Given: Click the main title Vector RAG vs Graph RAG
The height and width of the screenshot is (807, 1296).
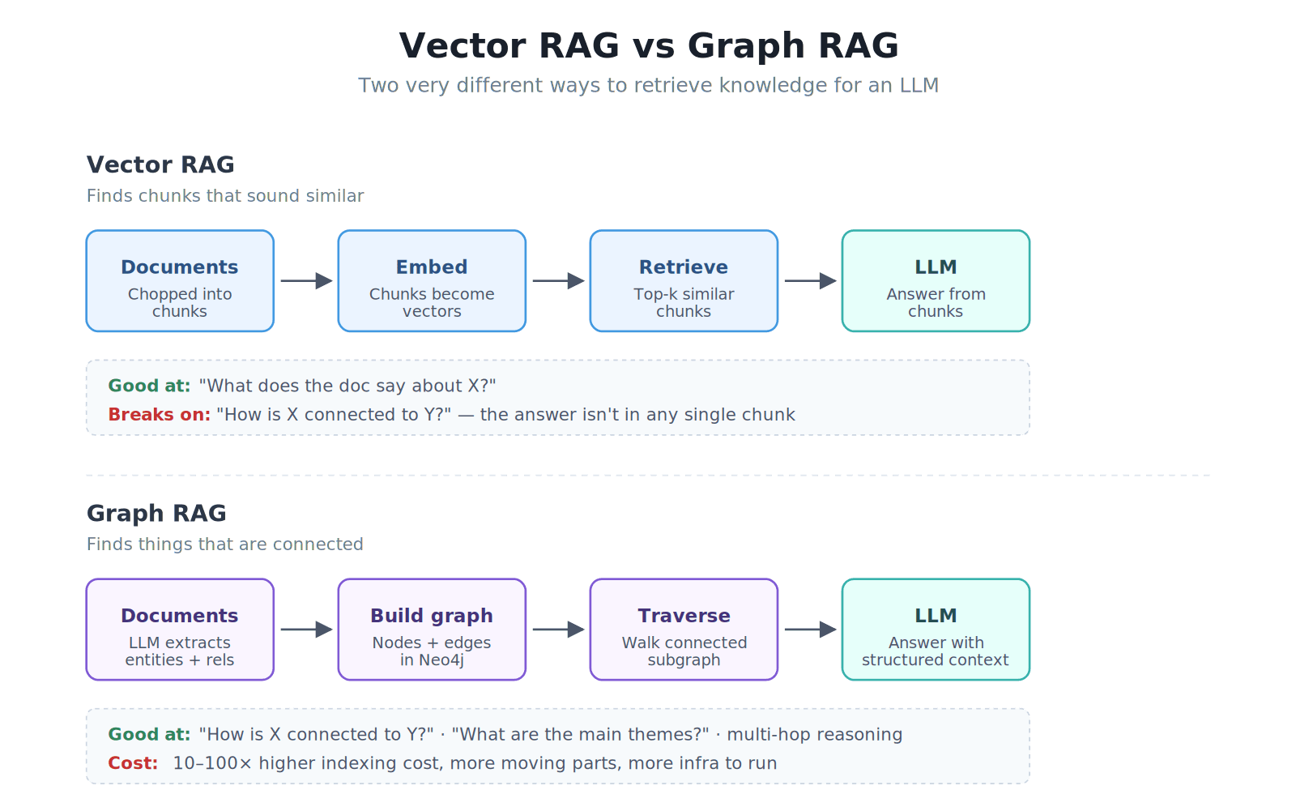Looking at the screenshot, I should (649, 45).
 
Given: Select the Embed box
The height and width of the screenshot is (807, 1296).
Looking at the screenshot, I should (432, 281).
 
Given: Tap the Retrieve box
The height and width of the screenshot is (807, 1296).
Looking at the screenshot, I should (684, 281).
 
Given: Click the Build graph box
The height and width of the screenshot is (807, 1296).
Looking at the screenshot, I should (432, 630).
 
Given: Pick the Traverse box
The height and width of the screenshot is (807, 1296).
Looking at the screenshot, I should (684, 630).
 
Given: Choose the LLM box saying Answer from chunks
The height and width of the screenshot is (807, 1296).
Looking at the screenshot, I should (936, 281).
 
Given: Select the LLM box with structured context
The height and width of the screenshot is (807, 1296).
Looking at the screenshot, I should (936, 630).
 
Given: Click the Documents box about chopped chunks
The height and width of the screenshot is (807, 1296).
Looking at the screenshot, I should (180, 281).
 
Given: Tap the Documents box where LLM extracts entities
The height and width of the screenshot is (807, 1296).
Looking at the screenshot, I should (180, 630).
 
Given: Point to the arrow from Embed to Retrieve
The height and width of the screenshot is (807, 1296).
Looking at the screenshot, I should (558, 281).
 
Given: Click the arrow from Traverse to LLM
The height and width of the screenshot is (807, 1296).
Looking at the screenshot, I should (810, 630).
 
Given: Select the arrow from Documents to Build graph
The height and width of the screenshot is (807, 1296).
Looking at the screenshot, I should (306, 630).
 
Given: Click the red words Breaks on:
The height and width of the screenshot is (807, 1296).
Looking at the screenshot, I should (159, 415).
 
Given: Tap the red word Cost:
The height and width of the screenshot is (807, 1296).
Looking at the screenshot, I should (133, 763).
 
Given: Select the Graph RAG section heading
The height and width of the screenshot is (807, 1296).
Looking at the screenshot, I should (156, 513).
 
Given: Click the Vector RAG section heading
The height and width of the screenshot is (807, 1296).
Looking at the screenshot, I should (160, 164).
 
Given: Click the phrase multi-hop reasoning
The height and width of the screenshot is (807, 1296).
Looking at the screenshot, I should (814, 735).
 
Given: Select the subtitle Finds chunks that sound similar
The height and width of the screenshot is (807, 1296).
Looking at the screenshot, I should (225, 196).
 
